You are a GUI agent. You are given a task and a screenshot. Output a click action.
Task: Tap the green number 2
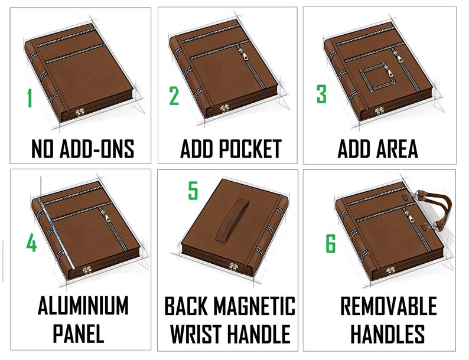(174, 95)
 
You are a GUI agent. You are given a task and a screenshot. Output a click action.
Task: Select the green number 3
(321, 94)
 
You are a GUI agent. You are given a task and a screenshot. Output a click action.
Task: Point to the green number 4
(31, 243)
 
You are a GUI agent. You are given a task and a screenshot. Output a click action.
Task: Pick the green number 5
(193, 191)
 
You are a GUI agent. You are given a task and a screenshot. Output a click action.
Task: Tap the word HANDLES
(387, 333)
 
